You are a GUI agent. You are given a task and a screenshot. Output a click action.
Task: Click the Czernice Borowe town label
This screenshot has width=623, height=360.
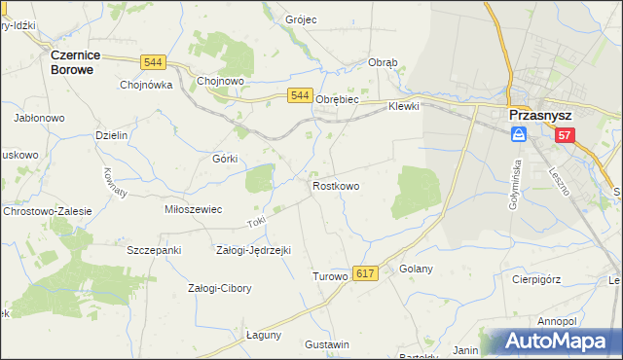coord(78,63)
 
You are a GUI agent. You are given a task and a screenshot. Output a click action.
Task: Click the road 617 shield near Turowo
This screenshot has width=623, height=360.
coord(365,275)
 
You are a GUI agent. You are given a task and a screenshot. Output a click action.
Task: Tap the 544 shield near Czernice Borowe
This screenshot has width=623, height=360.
coord(152,62)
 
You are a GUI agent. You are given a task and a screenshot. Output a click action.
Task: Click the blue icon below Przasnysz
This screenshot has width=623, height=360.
coord(520,135)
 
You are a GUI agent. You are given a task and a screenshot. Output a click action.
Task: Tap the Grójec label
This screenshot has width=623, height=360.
coord(302,19)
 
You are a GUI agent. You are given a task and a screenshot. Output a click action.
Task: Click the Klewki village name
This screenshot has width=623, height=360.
coord(403,107)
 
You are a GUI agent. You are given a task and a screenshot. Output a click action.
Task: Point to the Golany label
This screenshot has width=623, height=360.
coord(416,269)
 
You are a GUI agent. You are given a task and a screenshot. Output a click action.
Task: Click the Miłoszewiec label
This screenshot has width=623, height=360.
coord(194,209)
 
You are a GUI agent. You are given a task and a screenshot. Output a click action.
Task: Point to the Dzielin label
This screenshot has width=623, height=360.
coord(112,136)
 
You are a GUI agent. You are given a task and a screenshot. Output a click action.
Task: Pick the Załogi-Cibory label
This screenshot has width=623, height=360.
coord(219,288)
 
